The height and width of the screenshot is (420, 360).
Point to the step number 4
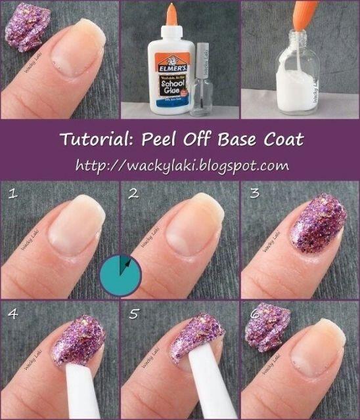(11, 314)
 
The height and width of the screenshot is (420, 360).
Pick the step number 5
(133, 314)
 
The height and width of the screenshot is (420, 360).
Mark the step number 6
(254, 314)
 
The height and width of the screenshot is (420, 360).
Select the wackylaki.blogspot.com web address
(182, 164)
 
